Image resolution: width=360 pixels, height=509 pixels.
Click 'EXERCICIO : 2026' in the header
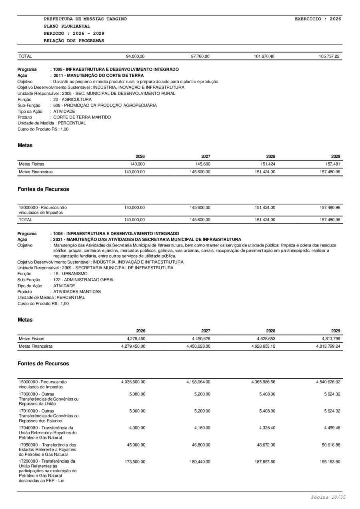318,19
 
